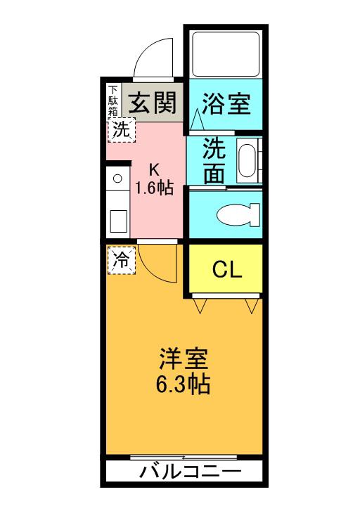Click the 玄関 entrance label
tap(152, 103)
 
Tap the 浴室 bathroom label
tap(226, 103)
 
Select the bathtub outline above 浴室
tap(226, 54)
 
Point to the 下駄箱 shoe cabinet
tap(113, 100)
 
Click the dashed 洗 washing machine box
tap(122, 130)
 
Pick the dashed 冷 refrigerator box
tap(122, 261)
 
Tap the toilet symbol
tap(238, 214)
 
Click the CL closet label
tap(227, 269)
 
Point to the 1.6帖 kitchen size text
tap(154, 188)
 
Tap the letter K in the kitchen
tap(154, 169)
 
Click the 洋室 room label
tap(184, 359)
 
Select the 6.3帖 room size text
tap(183, 384)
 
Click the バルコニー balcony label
tap(190, 472)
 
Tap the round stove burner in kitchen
tap(117, 178)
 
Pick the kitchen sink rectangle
tap(117, 221)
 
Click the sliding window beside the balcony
tap(184, 458)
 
